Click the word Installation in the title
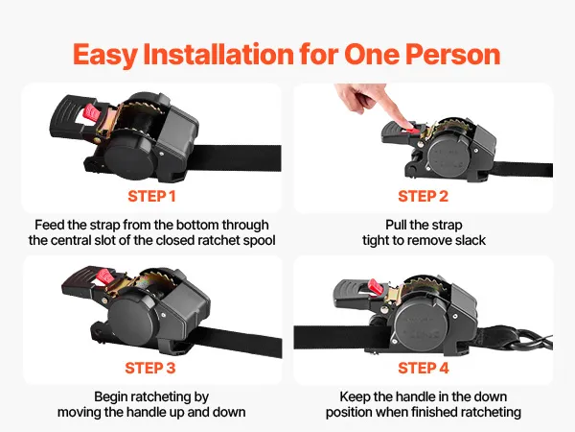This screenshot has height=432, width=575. (218, 54)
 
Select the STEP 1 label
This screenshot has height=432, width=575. (151, 196)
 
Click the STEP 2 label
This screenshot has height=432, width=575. (424, 196)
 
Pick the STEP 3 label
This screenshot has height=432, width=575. (150, 368)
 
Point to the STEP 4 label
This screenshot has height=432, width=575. (424, 368)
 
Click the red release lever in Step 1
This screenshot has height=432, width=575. (92, 113)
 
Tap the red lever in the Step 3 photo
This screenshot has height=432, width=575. (106, 276)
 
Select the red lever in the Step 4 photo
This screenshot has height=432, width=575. (376, 287)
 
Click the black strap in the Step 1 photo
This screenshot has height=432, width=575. (235, 158)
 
